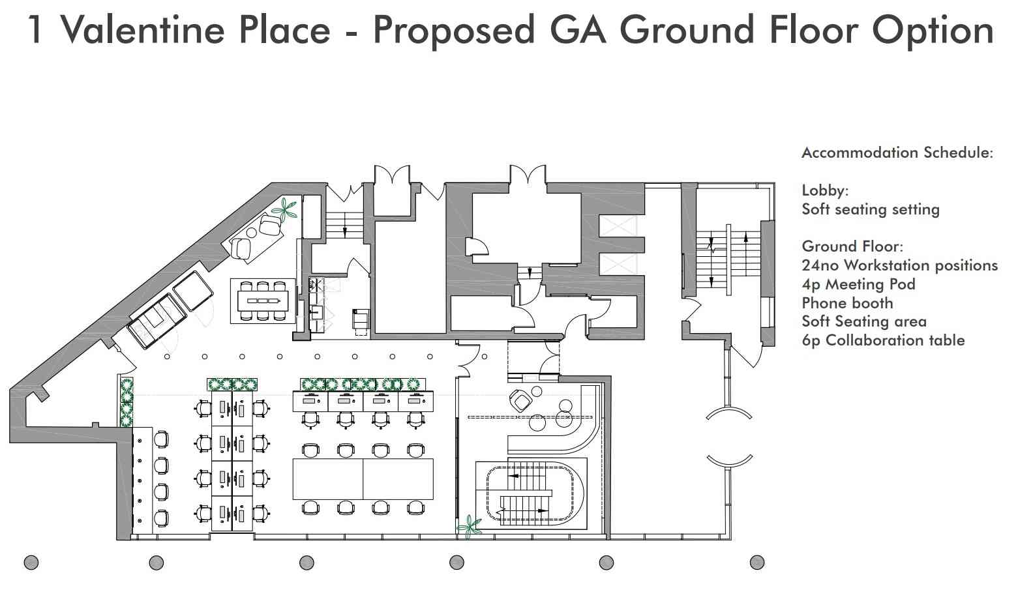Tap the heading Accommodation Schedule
pos(897,153)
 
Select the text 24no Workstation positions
pos(900,265)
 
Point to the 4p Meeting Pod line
pos(858,284)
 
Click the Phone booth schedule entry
pos(848,303)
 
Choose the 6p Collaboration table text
pos(883,340)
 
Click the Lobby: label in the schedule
pos(825,191)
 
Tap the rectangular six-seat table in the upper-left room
pos(263,301)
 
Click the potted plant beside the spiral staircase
pos(470,526)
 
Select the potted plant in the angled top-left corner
pos(285,209)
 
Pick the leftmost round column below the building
pos(31,563)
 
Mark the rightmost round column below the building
pos(757,563)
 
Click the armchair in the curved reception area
pos(520,400)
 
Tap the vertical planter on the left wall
pos(127,402)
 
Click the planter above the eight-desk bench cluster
pos(232,385)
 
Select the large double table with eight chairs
pos(363,479)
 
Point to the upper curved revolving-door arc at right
pos(729,411)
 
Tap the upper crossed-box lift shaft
pos(618,226)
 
